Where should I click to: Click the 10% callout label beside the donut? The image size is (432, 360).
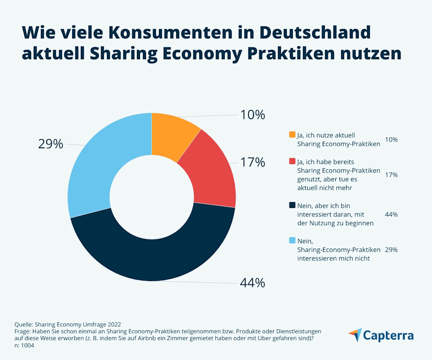(252, 115)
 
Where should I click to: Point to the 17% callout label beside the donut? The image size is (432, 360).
(252, 162)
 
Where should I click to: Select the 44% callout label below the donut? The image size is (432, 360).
(252, 283)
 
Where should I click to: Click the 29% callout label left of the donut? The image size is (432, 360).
(51, 144)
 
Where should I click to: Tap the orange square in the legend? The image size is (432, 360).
(292, 135)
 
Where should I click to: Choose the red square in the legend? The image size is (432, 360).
(292, 162)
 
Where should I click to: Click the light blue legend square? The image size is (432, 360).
(292, 240)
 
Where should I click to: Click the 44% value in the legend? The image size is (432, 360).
(391, 214)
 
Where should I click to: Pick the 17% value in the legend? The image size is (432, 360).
(391, 175)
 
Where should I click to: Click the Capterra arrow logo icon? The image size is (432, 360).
(355, 335)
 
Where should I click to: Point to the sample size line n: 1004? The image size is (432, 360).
(24, 345)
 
